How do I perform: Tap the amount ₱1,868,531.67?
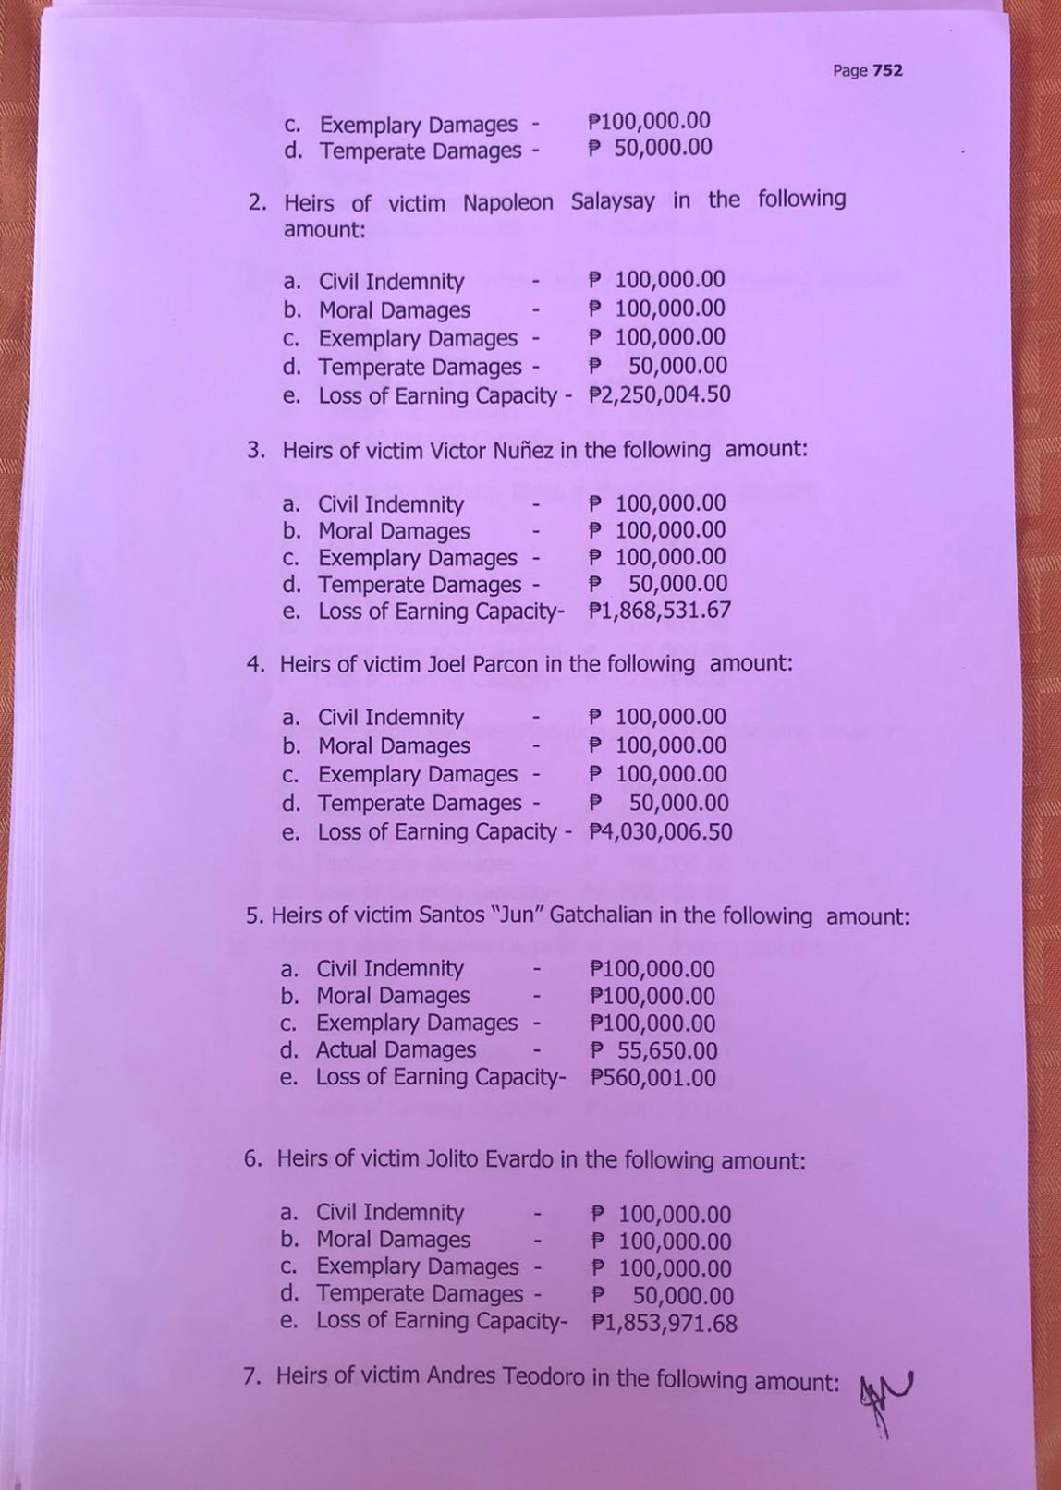[x=659, y=611]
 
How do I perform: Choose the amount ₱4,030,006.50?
[x=660, y=831]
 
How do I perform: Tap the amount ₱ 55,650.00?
[x=653, y=1050]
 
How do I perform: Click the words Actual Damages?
[x=396, y=1050]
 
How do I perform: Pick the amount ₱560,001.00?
[x=652, y=1078]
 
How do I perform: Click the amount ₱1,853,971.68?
[x=664, y=1323]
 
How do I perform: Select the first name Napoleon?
[x=507, y=202]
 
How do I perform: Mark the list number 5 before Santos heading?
[x=253, y=916]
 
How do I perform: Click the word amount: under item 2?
[x=324, y=230]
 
